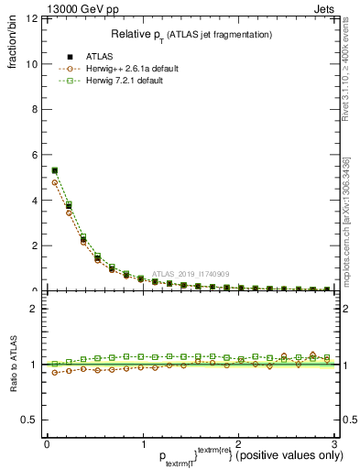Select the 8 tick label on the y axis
coord(34,110)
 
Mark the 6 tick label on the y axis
coord(34,155)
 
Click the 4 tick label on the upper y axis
coord(34,200)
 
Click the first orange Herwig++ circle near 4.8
coord(55,182)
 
